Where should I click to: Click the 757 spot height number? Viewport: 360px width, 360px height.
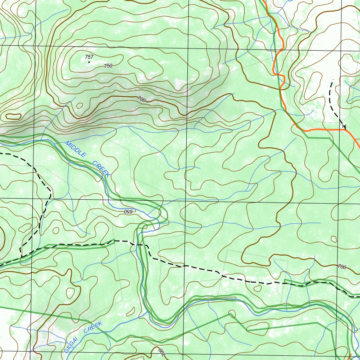pyautogui.click(x=89, y=57)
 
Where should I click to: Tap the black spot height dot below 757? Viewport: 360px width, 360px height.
pyautogui.click(x=89, y=62)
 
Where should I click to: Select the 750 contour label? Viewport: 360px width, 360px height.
pyautogui.click(x=108, y=66)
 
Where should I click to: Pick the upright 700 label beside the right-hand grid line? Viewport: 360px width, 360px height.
pyautogui.click(x=341, y=267)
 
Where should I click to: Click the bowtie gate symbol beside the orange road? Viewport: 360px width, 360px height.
pyautogui.click(x=344, y=126)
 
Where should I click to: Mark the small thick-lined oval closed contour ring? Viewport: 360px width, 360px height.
pyautogui.click(x=13, y=116)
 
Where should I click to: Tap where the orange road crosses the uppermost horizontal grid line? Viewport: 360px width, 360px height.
pyautogui.click(x=282, y=49)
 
